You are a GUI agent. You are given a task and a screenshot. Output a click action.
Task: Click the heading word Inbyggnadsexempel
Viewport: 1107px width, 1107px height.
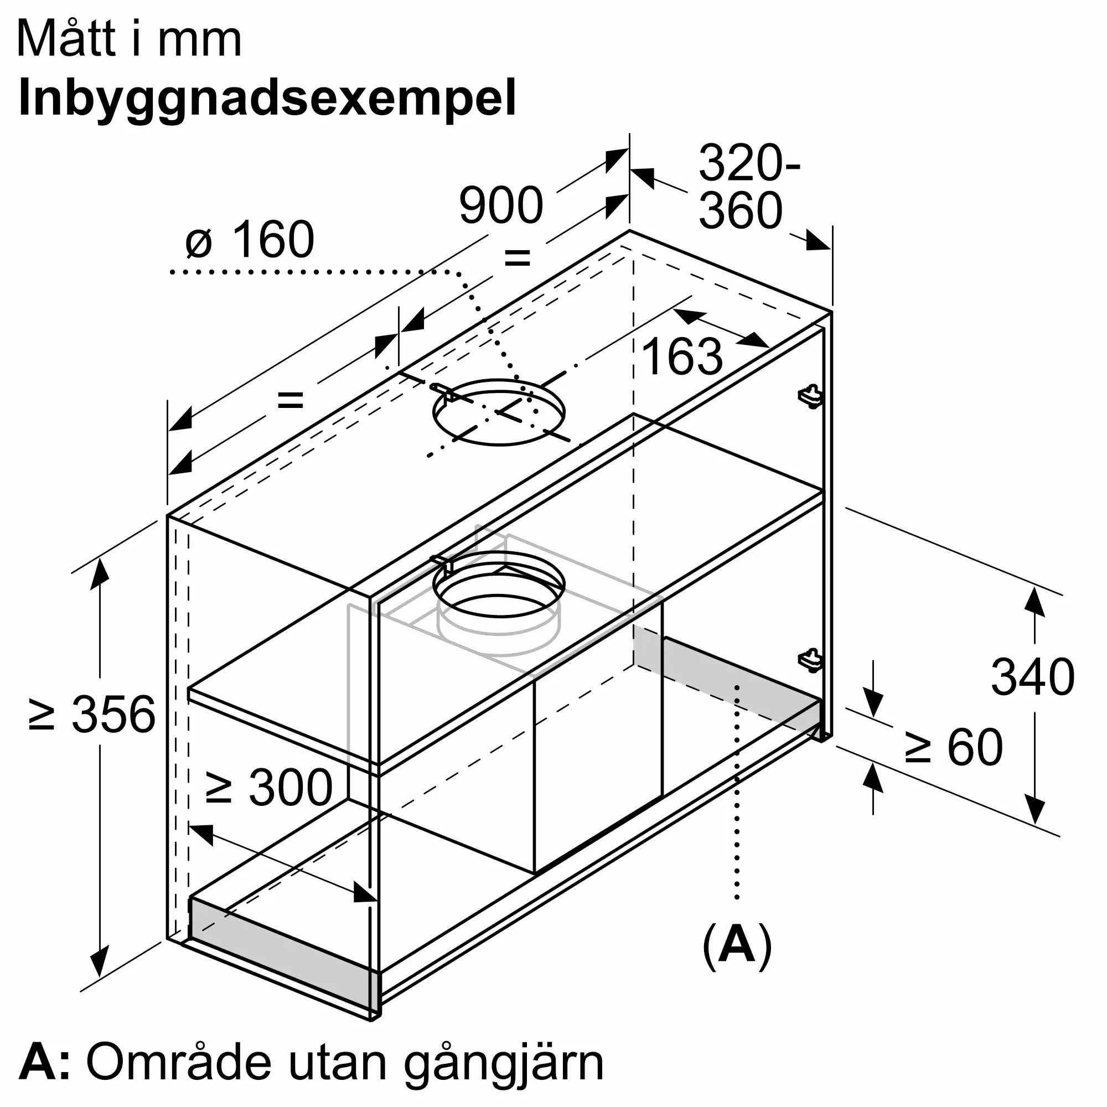pyautogui.click(x=267, y=98)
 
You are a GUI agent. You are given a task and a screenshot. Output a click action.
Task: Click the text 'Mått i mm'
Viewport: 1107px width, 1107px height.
pyautogui.click(x=130, y=39)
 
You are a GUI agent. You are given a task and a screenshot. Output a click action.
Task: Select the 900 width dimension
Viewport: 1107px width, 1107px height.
pyautogui.click(x=501, y=205)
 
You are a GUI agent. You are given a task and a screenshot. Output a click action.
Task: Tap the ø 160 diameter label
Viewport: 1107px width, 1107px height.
pyautogui.click(x=250, y=240)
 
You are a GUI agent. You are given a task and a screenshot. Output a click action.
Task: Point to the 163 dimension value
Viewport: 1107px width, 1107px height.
pyautogui.click(x=682, y=356)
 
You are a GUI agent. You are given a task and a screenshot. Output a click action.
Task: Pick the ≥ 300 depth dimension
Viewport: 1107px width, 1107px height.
pyautogui.click(x=269, y=788)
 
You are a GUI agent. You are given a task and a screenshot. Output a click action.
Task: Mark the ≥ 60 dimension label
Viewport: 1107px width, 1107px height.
pyautogui.click(x=954, y=747)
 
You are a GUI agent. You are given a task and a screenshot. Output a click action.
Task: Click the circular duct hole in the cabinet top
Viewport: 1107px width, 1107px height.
pyautogui.click(x=499, y=412)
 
